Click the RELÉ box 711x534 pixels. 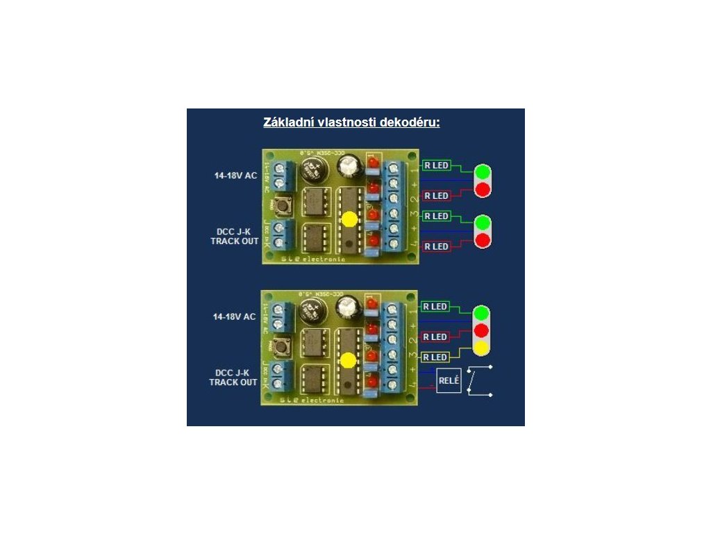[x=449, y=382]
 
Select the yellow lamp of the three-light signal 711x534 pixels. [x=481, y=346]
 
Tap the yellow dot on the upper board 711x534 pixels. [x=349, y=219]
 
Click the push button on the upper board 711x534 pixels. [x=283, y=206]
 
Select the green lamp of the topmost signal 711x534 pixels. [x=481, y=172]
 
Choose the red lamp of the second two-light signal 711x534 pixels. [x=481, y=241]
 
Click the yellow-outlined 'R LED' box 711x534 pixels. [x=435, y=357]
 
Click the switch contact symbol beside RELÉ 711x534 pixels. [x=479, y=380]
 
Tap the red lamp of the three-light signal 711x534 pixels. [x=481, y=330]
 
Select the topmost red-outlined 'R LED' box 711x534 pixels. [x=435, y=195]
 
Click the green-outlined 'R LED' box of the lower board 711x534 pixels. [x=435, y=307]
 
